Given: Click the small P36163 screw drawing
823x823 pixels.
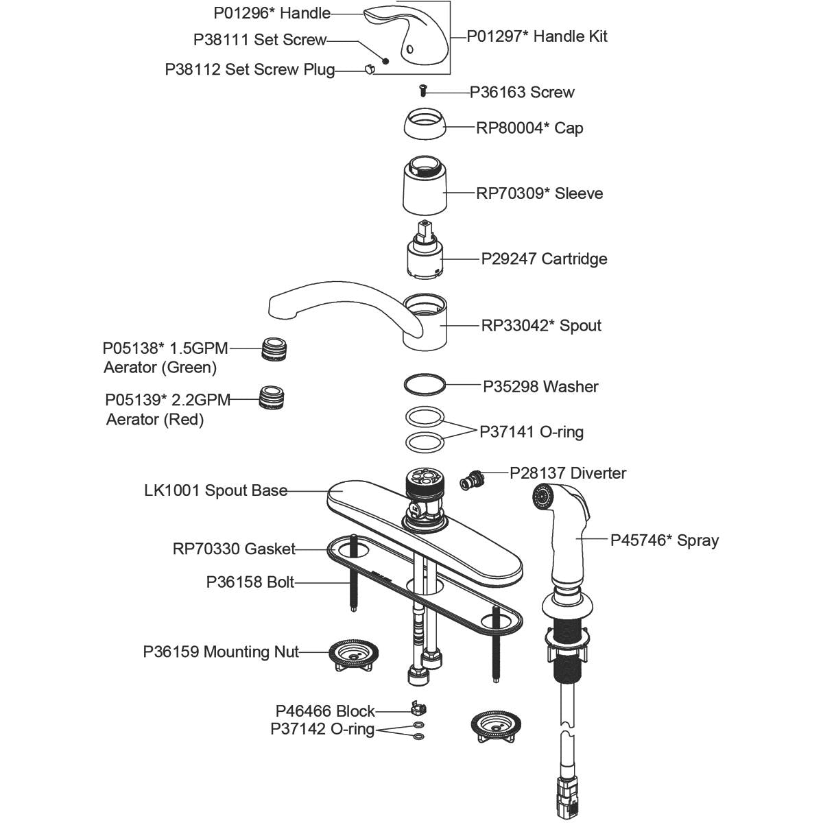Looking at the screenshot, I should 422,90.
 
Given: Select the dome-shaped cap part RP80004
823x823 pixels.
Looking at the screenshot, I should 424,125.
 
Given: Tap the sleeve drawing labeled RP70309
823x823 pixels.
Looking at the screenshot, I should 423,187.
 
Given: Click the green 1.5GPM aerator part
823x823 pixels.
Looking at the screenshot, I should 274,349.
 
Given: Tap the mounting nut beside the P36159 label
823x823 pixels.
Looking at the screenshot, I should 354,656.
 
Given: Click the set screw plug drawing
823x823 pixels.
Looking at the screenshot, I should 369,69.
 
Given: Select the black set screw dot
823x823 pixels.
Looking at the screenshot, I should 385,60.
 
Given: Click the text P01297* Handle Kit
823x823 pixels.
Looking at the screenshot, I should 537,36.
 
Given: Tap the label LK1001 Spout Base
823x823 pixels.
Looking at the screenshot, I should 215,491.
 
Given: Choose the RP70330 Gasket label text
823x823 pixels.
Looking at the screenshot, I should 234,549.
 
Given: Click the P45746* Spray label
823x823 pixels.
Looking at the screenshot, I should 665,540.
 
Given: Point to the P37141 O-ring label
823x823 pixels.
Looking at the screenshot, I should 532,432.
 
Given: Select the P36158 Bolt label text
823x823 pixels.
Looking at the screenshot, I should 250,582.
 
